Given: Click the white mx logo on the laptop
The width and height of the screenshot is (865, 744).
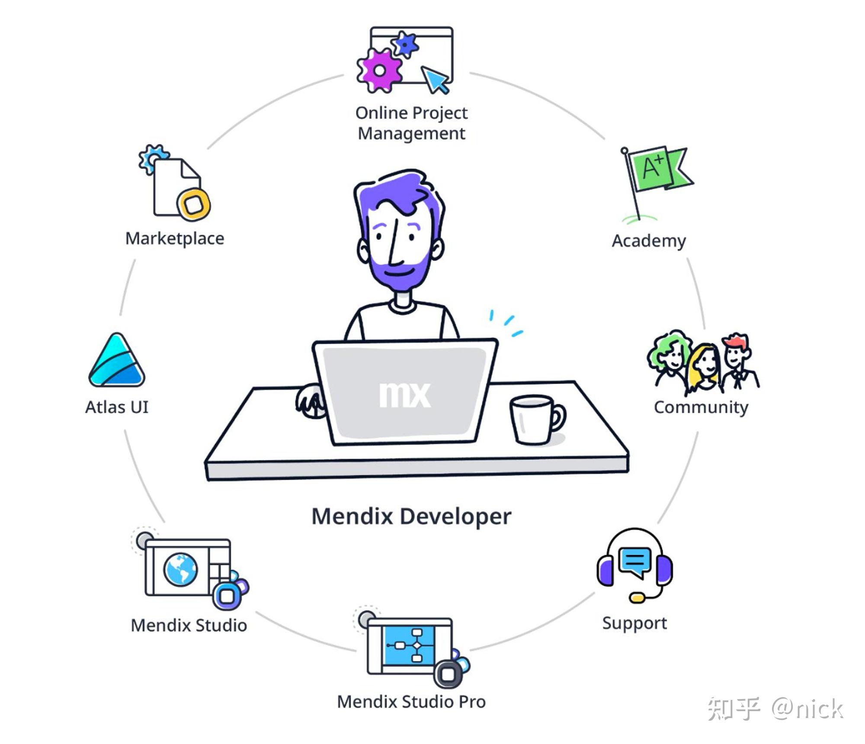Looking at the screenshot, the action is coord(404,394).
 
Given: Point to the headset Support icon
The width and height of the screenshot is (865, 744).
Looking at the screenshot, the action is coord(634,565).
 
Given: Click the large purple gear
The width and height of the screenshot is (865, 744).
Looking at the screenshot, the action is coord(379,70).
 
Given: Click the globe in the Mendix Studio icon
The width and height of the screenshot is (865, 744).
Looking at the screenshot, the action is coord(180,570).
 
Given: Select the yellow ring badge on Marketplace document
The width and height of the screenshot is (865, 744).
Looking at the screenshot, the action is coord(193,204).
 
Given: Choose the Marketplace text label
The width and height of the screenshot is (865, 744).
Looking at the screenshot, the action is coord(175,239).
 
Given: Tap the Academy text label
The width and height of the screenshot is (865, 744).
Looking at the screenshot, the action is coord(649,241).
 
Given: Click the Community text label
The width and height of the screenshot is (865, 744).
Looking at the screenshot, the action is coord(701,407).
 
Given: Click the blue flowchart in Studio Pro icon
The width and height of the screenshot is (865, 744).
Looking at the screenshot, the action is coord(408,646).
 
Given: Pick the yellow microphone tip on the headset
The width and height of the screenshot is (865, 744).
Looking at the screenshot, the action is coord(637,598).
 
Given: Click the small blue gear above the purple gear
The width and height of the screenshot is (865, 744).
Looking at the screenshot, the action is coord(405,43).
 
